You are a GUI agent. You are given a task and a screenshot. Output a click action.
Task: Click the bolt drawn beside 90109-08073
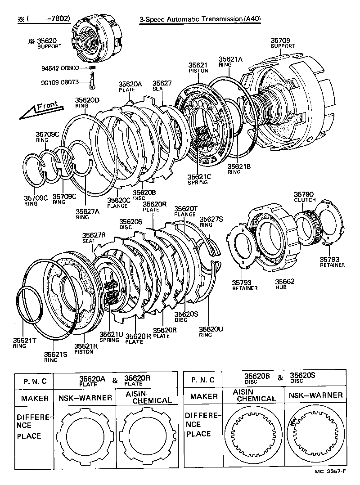pos(92,82)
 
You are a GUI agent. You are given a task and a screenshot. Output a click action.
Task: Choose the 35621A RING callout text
pos(230,61)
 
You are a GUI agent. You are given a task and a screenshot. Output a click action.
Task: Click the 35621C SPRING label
pos(198,179)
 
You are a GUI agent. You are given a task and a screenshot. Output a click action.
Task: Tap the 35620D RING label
pos(87,102)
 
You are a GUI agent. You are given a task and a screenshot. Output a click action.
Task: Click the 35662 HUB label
pos(285,284)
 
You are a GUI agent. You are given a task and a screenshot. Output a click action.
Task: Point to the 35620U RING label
pos(211,332)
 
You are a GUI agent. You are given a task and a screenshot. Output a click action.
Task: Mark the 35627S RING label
pos(211,221)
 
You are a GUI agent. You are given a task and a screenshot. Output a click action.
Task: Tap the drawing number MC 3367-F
pos(331,472)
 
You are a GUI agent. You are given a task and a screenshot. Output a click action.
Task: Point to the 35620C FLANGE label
pos(118,203)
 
